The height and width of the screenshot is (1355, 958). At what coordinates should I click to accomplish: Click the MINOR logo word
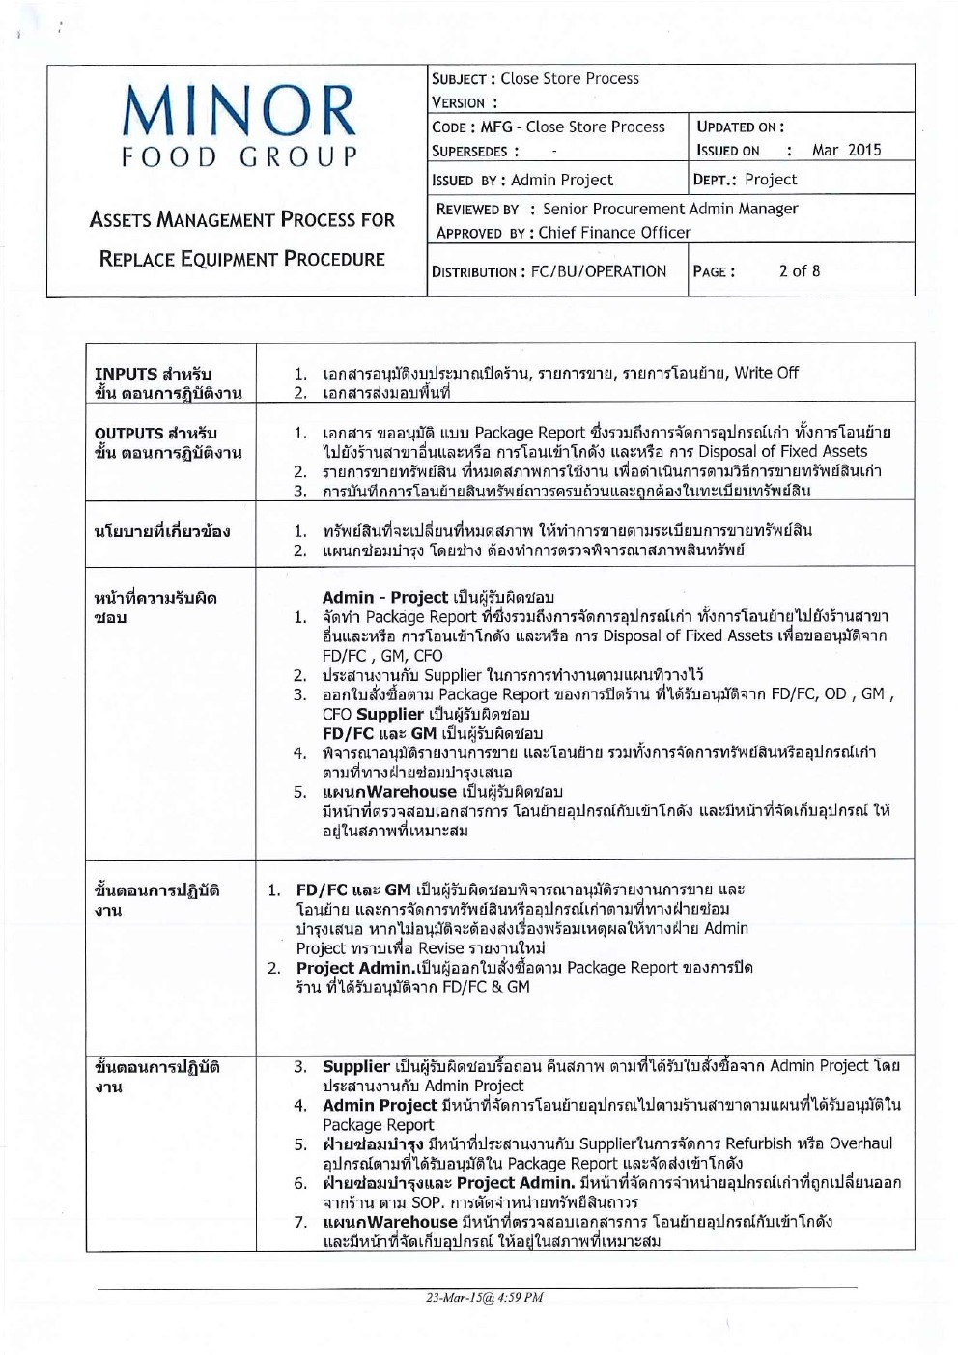239,110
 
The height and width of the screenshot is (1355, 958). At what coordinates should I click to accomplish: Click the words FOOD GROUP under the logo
239,156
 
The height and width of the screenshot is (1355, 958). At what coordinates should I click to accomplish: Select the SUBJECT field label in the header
460,79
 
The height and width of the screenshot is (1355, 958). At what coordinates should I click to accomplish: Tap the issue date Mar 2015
846,150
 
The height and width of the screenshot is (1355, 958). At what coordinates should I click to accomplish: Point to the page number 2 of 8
799,271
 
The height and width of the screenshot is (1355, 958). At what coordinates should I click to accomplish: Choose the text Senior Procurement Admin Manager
670,209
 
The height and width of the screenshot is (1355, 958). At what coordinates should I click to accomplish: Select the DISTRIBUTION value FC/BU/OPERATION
599,272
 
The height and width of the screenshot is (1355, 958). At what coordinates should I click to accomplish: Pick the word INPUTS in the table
126,374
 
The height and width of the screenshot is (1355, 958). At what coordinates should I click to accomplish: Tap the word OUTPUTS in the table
128,434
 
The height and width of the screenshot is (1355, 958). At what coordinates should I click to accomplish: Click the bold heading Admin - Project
384,598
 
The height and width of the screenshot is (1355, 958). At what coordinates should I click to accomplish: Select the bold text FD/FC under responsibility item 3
348,734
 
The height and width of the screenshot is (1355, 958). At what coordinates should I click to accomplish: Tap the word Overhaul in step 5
860,1143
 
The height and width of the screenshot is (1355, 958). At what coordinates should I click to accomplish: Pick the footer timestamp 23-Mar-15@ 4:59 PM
484,1298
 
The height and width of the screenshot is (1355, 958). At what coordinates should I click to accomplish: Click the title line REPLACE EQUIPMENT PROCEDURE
241,259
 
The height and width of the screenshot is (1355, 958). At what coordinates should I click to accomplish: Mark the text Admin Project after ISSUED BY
561,180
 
